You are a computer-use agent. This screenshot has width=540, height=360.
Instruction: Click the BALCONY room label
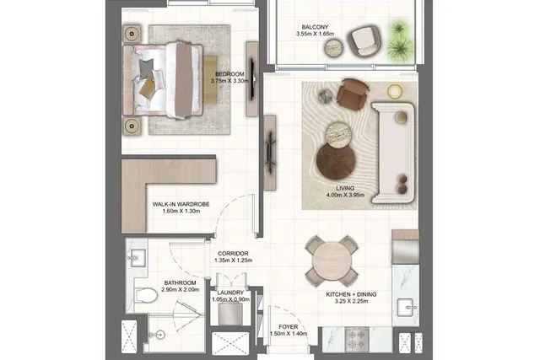tap(315, 27)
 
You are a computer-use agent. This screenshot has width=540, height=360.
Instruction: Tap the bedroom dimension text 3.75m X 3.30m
tap(229, 81)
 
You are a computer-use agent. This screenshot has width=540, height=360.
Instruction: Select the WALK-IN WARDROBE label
tap(181, 204)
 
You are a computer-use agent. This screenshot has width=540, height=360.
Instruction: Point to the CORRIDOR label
tap(233, 253)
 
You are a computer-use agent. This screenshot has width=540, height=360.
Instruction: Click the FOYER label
tap(289, 326)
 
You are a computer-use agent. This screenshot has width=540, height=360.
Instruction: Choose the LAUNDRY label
tap(230, 293)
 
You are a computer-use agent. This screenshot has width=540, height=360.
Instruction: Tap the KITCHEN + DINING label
tap(351, 294)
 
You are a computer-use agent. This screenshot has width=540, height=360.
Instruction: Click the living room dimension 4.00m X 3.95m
tap(345, 195)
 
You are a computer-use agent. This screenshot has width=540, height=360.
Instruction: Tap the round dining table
tap(332, 261)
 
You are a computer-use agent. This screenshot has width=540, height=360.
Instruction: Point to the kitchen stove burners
tap(357, 340)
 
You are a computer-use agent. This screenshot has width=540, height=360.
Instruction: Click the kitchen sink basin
tap(406, 308)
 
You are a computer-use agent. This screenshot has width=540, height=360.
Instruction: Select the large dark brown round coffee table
tap(336, 161)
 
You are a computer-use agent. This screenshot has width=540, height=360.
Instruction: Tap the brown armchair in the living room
tap(353, 94)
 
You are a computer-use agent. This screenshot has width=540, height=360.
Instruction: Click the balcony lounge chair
tap(364, 40)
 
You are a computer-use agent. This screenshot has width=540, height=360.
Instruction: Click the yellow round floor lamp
tap(395, 92)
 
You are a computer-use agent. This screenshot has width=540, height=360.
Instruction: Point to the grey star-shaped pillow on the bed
tap(147, 67)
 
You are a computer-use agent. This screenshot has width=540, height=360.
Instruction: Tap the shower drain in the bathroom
tap(160, 334)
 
